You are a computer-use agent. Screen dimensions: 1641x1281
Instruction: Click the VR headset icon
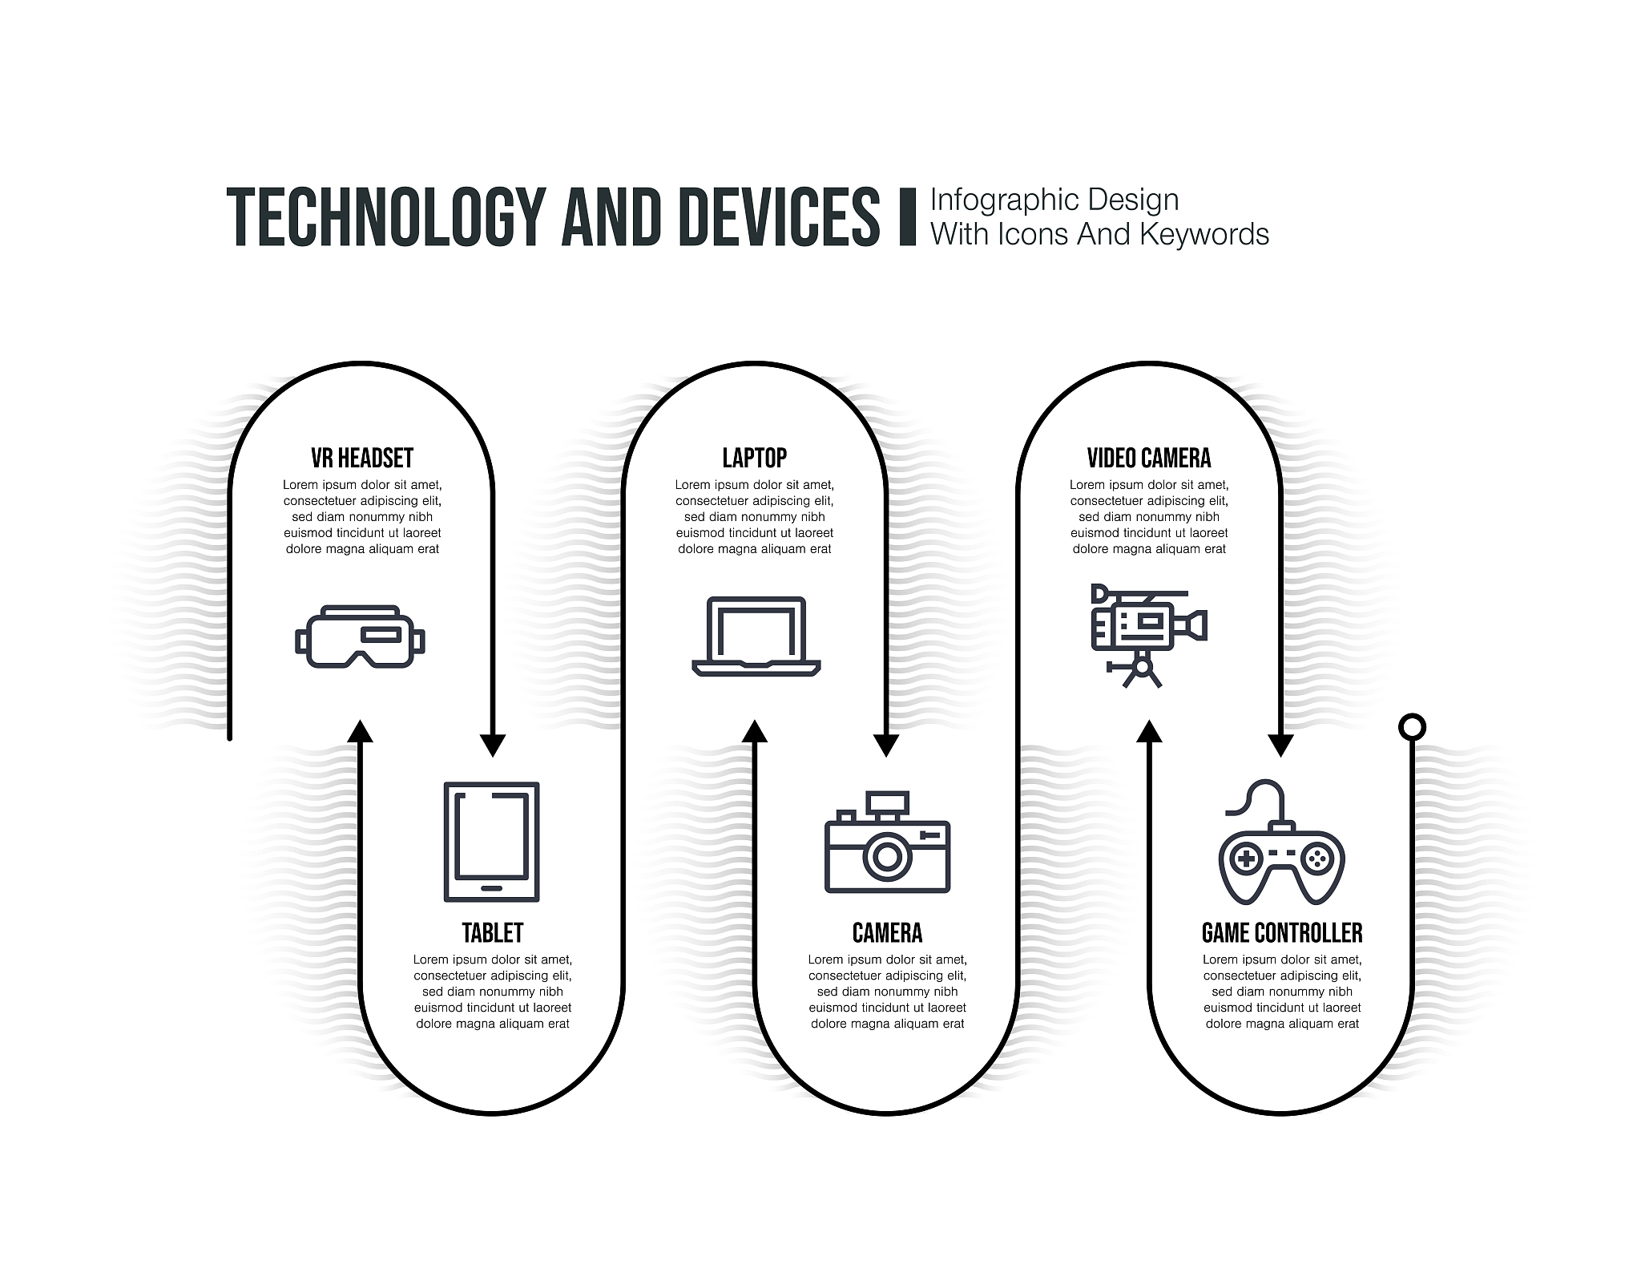[360, 636]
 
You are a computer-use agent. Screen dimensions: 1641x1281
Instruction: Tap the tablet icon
[492, 842]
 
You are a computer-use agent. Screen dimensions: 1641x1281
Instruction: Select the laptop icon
[756, 636]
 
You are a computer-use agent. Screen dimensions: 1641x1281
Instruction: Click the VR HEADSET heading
[362, 458]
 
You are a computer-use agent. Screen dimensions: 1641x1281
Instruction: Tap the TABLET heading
[492, 932]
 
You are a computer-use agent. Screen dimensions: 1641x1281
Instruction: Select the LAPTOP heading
[755, 458]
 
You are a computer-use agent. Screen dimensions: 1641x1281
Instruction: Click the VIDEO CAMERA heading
[1149, 458]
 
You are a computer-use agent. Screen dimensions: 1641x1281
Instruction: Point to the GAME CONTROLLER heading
[1282, 932]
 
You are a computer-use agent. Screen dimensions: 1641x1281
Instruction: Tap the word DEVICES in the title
[779, 216]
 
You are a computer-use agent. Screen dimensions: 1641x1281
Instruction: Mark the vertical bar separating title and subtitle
[908, 216]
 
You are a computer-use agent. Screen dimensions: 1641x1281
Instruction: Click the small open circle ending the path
[1412, 727]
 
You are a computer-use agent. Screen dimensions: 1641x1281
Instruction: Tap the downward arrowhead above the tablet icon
[492, 746]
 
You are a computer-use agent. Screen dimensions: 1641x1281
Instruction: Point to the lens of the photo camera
[887, 857]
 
